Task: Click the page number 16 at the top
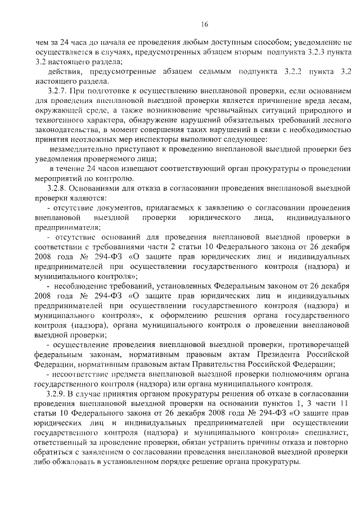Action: pos(205,24)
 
